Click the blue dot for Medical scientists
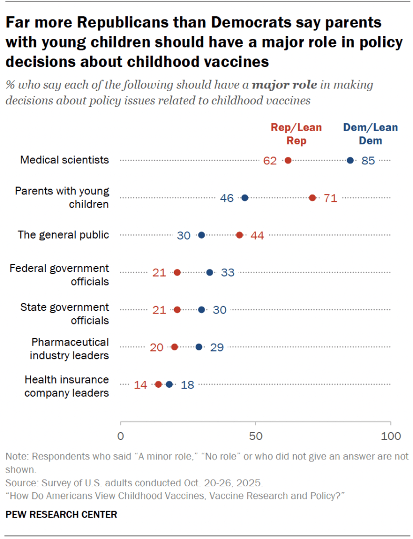350,160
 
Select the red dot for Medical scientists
288,160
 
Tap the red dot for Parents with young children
313,198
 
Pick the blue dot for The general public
202,235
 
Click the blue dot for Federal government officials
210,272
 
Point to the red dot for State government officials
177,310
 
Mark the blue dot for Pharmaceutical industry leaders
199,347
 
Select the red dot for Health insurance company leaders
158,385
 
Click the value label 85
368,161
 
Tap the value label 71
330,198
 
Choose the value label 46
227,198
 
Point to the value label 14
140,385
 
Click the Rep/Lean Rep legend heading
296,134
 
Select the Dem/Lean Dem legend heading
370,134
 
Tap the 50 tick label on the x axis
256,436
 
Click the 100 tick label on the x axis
390,436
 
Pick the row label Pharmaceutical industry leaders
69,348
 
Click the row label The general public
63,235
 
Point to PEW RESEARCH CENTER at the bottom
61,514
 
